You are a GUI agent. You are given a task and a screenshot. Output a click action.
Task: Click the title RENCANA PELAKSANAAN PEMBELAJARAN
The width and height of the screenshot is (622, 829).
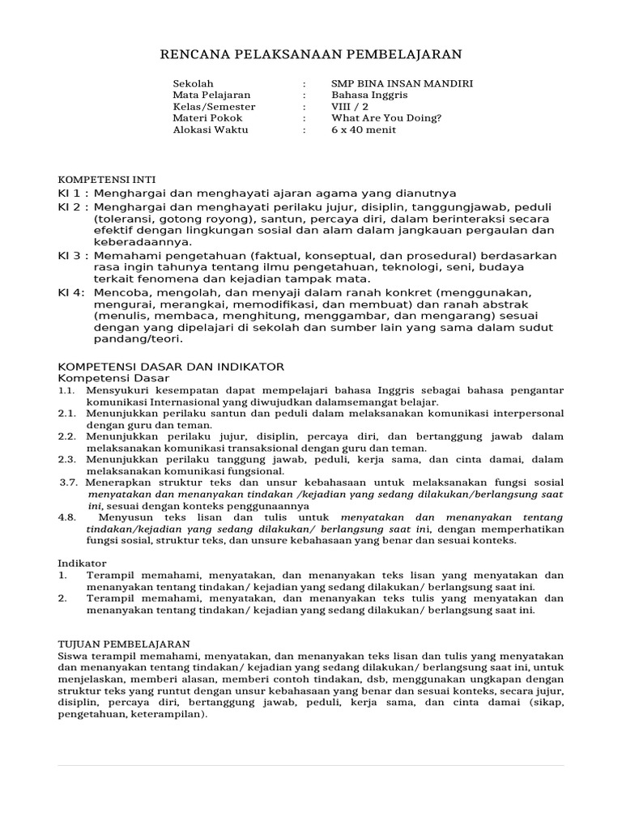point(311,55)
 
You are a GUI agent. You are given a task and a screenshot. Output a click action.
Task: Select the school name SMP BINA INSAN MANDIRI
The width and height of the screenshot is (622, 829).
point(402,83)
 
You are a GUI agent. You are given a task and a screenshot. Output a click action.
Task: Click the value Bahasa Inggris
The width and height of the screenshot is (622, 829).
point(369,95)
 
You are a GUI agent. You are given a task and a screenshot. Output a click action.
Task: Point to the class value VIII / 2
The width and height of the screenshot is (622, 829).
point(350,106)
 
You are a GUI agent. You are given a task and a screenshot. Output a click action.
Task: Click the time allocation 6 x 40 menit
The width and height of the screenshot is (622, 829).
point(364,130)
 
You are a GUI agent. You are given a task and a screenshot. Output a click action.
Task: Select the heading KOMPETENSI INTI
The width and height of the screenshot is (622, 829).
point(107,179)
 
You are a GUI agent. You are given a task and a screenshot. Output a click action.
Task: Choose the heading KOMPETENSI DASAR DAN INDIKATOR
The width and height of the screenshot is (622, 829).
point(171,366)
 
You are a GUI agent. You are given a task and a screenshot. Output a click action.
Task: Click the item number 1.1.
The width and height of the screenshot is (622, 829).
point(66,390)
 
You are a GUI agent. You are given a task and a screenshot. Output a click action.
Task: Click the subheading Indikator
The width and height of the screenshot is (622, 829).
point(82,563)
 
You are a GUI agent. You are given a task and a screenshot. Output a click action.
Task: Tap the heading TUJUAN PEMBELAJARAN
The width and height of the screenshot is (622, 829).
point(124,643)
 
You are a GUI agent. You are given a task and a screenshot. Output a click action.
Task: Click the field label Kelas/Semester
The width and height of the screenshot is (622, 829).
point(214,106)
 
